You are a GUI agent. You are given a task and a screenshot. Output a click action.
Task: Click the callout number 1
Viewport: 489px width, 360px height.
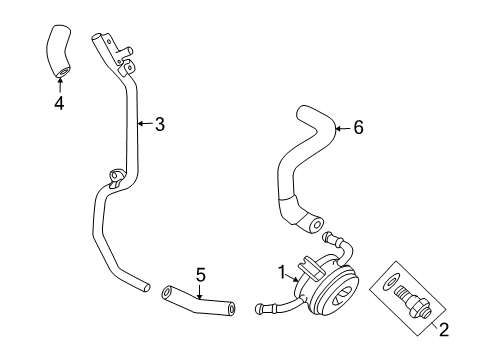[x=281, y=271]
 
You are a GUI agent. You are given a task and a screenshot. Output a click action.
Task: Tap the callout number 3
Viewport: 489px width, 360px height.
[x=159, y=125]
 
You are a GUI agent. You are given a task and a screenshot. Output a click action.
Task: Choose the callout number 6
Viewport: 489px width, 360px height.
[x=358, y=128]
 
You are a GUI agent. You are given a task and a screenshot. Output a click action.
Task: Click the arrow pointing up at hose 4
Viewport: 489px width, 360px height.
[x=60, y=82]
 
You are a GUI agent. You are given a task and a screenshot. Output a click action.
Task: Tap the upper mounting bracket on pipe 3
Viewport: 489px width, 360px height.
[x=120, y=62]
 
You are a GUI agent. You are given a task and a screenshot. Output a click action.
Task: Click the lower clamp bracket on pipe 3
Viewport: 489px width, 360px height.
[x=115, y=181]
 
